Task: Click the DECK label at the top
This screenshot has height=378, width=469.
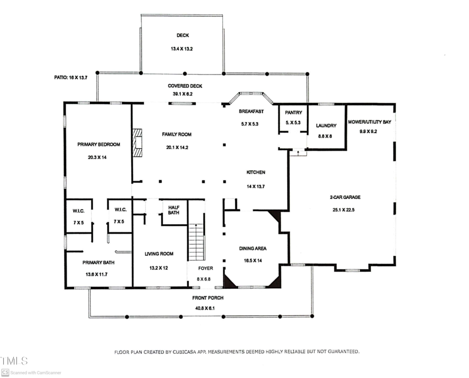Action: (x=183, y=35)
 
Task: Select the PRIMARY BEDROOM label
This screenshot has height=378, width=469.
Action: (x=99, y=144)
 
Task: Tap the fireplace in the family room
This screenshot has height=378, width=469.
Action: (x=137, y=143)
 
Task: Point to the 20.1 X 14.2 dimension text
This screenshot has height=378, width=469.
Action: (x=177, y=147)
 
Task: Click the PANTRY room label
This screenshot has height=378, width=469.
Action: (x=294, y=113)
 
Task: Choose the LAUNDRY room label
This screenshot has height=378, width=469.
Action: (x=326, y=125)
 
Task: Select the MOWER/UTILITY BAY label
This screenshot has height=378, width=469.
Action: (x=370, y=122)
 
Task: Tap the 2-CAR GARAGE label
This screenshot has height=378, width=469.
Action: (x=345, y=197)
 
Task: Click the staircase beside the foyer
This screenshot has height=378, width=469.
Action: (x=196, y=242)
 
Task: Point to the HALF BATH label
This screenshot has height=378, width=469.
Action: (x=174, y=210)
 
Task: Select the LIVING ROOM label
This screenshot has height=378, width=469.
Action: (x=159, y=254)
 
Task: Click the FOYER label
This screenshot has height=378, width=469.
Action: (x=206, y=268)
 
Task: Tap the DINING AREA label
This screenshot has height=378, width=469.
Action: (x=253, y=248)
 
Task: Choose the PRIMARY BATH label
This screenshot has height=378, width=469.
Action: (x=98, y=262)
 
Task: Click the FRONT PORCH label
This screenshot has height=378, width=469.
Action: (x=208, y=297)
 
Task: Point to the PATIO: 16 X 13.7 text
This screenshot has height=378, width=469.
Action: (x=71, y=77)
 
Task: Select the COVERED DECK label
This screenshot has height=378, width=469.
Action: (x=185, y=86)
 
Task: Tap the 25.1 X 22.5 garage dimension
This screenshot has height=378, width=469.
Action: (x=344, y=210)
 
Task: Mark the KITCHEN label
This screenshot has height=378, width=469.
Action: (x=256, y=172)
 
